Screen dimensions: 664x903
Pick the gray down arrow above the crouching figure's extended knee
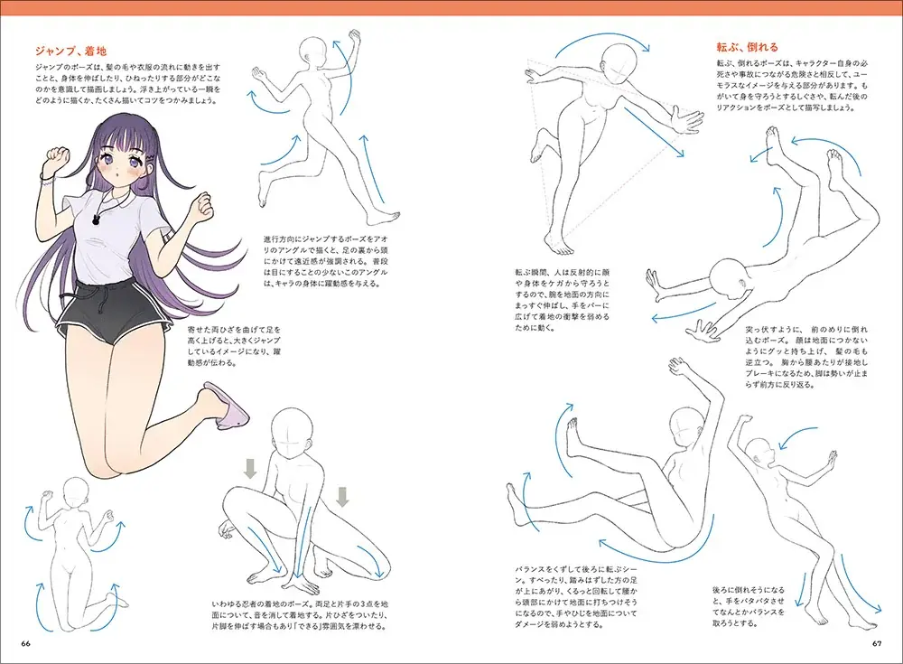(342, 497)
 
